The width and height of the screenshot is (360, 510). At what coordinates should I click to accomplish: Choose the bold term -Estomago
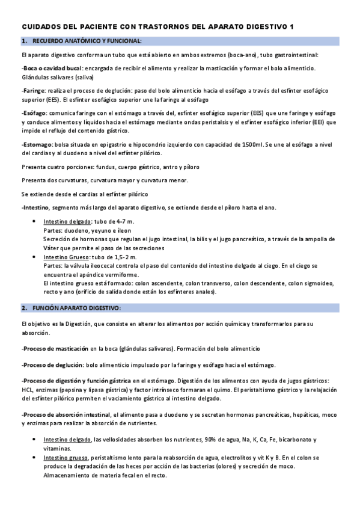tap(37, 145)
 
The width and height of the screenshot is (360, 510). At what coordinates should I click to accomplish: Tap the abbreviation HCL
tap(27, 390)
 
